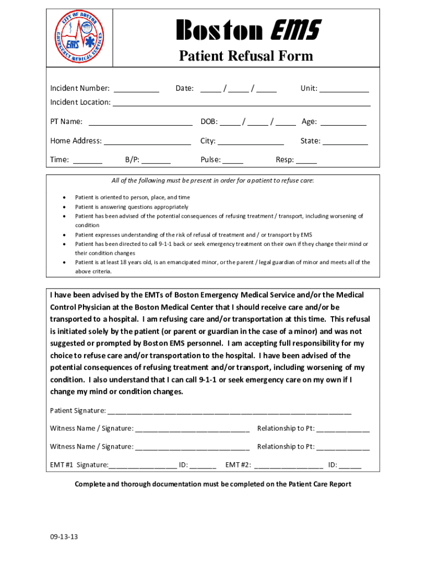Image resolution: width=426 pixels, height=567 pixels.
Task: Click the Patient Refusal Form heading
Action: click(x=245, y=56)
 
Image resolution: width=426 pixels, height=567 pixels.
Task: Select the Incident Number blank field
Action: click(x=137, y=89)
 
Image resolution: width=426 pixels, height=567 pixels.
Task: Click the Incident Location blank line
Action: click(x=241, y=103)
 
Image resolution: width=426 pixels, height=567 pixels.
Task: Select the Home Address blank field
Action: click(x=147, y=141)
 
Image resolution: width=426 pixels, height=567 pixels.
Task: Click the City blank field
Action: click(x=250, y=141)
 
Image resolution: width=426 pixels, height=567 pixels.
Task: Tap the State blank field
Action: click(x=345, y=141)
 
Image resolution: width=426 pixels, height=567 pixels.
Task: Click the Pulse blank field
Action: click(x=233, y=161)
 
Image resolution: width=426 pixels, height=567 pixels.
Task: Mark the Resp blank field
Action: click(x=306, y=161)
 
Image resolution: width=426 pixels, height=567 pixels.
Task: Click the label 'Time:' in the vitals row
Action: click(x=60, y=161)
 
